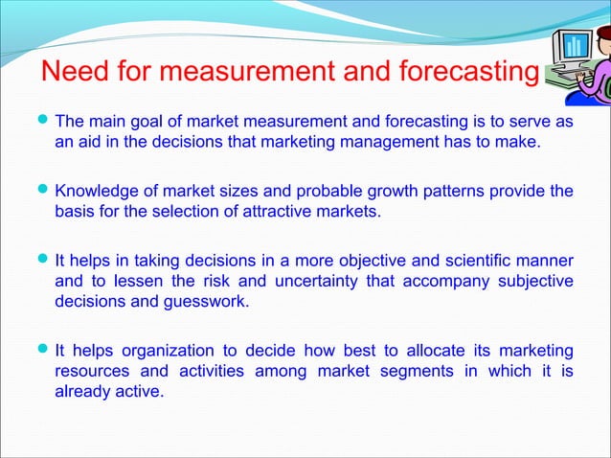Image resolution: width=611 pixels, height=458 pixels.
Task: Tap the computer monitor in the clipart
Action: click(x=575, y=48)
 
